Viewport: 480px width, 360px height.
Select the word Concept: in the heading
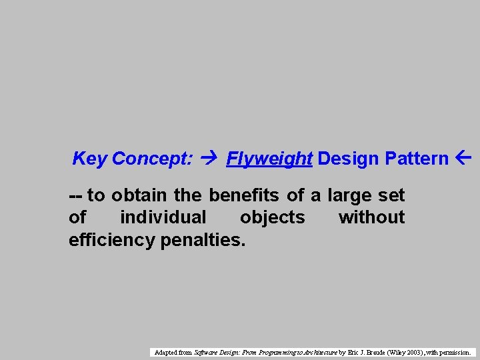(x=153, y=159)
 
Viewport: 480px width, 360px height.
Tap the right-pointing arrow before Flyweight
(x=210, y=159)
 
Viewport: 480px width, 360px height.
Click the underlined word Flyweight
(x=269, y=159)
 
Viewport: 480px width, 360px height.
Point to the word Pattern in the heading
(x=417, y=159)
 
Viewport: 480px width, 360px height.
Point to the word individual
(x=163, y=217)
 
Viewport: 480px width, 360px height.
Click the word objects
(x=272, y=217)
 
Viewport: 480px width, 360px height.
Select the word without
(x=371, y=217)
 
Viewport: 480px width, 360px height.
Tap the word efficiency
(x=112, y=239)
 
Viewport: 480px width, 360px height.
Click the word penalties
(x=203, y=239)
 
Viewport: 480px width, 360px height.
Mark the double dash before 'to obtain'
(x=76, y=195)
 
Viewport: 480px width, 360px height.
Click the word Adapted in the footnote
(x=166, y=351)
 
